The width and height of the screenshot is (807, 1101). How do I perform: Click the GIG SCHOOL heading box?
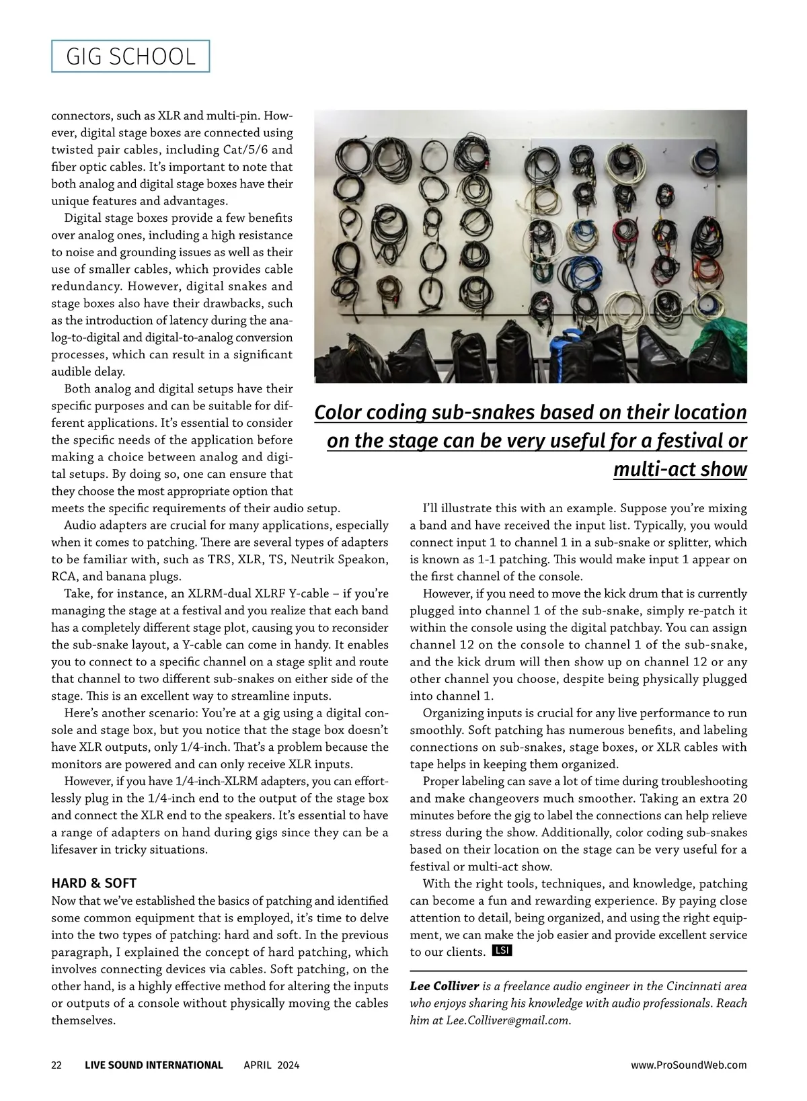click(130, 56)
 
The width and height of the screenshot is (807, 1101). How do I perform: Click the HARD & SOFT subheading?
click(93, 883)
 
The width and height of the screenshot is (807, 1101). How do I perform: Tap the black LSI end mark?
click(502, 950)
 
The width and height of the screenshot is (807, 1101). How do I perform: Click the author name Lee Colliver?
click(444, 986)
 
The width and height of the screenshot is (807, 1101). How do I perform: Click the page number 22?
click(56, 1065)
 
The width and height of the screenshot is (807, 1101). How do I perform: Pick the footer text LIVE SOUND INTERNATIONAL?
click(154, 1065)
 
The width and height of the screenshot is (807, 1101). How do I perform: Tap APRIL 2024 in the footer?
click(272, 1065)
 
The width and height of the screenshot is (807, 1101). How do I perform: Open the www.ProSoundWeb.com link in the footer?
click(689, 1065)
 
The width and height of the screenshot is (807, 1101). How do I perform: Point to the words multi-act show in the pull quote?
click(679, 469)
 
